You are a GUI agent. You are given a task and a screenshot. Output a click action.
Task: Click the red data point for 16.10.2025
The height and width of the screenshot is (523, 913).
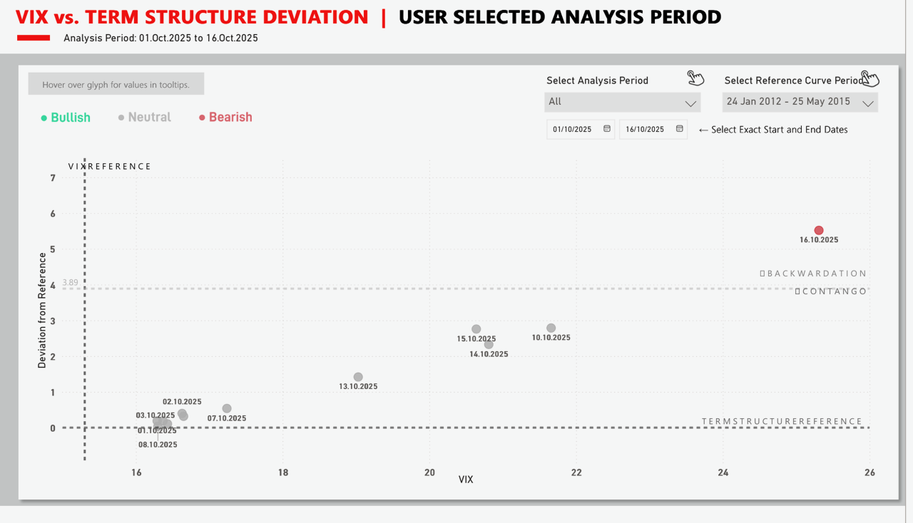coord(819,230)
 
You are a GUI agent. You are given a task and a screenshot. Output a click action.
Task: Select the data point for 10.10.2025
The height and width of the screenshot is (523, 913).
coord(551,328)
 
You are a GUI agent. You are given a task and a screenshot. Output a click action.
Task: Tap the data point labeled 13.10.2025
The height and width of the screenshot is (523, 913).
coord(358,377)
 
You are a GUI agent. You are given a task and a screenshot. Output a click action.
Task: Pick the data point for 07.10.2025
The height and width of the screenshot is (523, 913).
coord(227,408)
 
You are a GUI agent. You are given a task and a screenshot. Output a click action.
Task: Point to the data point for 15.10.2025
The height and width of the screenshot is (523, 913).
coord(476,328)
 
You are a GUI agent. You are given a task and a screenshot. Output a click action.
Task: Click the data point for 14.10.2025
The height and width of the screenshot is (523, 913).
coord(489,344)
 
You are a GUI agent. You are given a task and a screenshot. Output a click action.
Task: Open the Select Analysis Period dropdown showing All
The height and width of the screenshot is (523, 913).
coord(622,103)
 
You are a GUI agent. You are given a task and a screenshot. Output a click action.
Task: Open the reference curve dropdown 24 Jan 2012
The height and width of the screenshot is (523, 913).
coord(800,103)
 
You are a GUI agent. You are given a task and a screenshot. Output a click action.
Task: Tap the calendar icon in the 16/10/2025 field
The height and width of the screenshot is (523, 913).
coord(679,129)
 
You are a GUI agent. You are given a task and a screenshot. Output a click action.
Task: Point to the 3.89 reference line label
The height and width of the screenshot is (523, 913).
coord(70,283)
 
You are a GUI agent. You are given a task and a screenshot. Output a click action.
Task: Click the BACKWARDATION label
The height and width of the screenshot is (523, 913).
coord(813,274)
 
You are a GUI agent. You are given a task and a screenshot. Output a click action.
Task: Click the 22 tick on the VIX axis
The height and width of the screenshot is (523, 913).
coord(576,472)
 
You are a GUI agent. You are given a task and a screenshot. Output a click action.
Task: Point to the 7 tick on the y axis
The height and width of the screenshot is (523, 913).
coord(53,178)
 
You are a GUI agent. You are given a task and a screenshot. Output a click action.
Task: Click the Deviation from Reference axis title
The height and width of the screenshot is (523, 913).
coord(42,311)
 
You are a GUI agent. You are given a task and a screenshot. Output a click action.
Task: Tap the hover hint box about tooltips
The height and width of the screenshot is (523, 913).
coord(116,85)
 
